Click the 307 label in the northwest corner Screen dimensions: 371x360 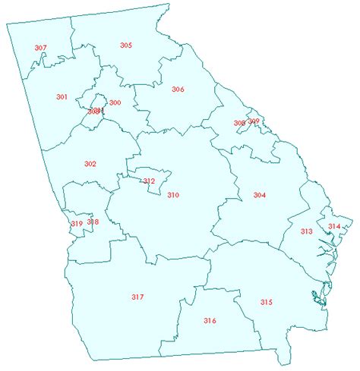tap(41, 48)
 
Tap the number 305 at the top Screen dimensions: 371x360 tap(126, 46)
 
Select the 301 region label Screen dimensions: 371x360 tap(62, 96)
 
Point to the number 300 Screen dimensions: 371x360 tap(115, 102)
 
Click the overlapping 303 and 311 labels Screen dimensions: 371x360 tap(95, 111)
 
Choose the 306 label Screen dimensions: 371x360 tap(178, 89)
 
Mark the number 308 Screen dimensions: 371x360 tap(239, 123)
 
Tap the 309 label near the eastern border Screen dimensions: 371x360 tap(254, 121)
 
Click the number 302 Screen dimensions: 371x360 tap(90, 164)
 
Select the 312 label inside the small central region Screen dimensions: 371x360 tap(149, 181)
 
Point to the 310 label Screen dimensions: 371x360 tap(173, 195)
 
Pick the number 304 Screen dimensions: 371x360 tap(260, 195)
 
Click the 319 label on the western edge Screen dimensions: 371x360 tap(77, 223)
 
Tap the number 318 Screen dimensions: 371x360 tap(93, 222)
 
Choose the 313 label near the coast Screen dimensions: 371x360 tap(307, 231)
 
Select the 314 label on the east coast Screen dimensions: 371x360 tap(334, 226)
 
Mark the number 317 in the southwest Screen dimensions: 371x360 tap(137, 296)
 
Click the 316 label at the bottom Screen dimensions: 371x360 tap(210, 320)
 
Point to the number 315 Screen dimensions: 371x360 tap(266, 302)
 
